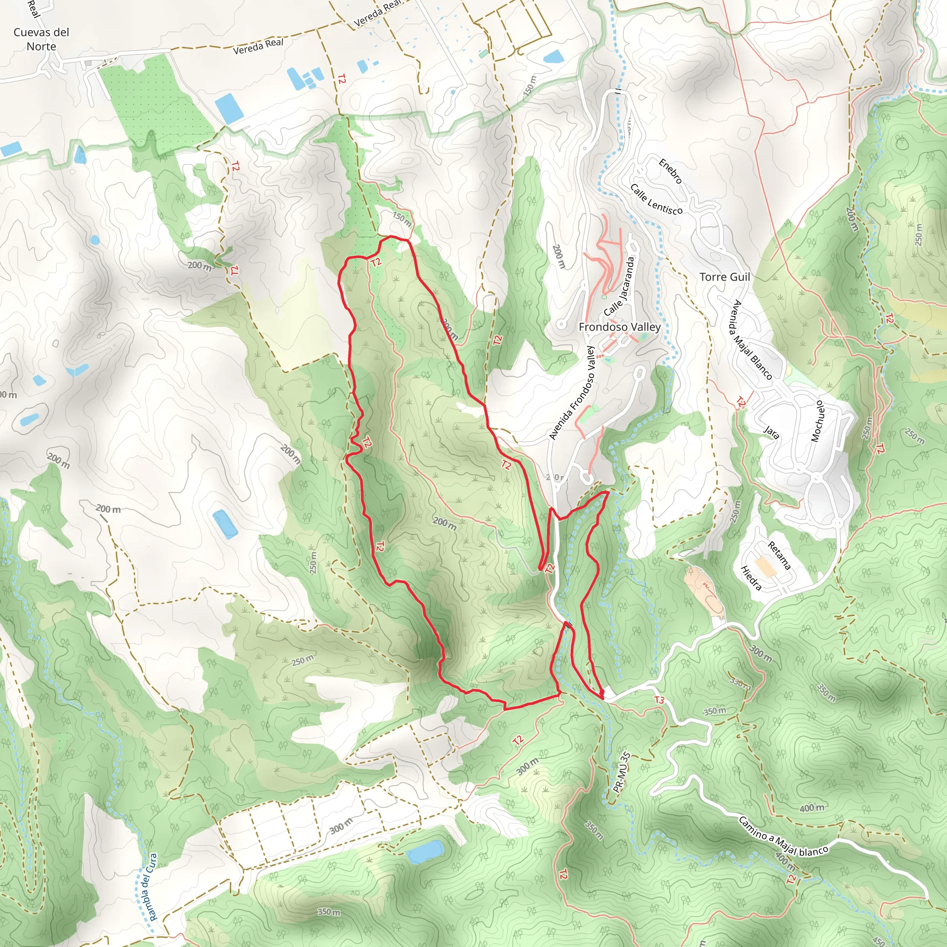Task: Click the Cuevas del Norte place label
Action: [x=41, y=39]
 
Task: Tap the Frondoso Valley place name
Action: [x=620, y=327]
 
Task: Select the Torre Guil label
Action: [x=725, y=277]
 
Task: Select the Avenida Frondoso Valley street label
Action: [x=572, y=393]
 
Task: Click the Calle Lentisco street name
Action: [x=656, y=199]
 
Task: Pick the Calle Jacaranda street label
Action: [x=620, y=287]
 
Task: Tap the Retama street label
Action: [x=779, y=556]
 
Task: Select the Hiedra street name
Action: [x=751, y=578]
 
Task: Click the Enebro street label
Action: [x=670, y=171]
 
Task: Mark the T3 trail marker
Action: [x=659, y=701]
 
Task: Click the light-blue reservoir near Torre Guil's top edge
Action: [x=554, y=57]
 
